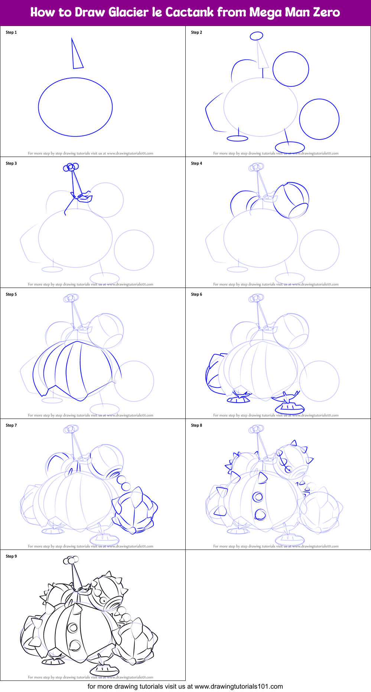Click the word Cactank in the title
tap(189, 12)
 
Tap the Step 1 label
tap(11, 32)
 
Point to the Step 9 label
tap(11, 556)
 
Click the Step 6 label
tap(196, 294)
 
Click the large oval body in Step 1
tap(75, 107)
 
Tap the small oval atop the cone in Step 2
tap(256, 36)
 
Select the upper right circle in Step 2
tap(291, 69)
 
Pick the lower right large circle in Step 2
tap(319, 119)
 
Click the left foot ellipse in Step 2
tap(237, 138)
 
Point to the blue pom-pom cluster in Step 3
tap(71, 167)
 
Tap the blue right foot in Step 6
tap(289, 407)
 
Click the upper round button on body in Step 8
tap(257, 497)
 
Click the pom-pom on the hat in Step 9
tap(71, 560)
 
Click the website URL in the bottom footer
tap(238, 686)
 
